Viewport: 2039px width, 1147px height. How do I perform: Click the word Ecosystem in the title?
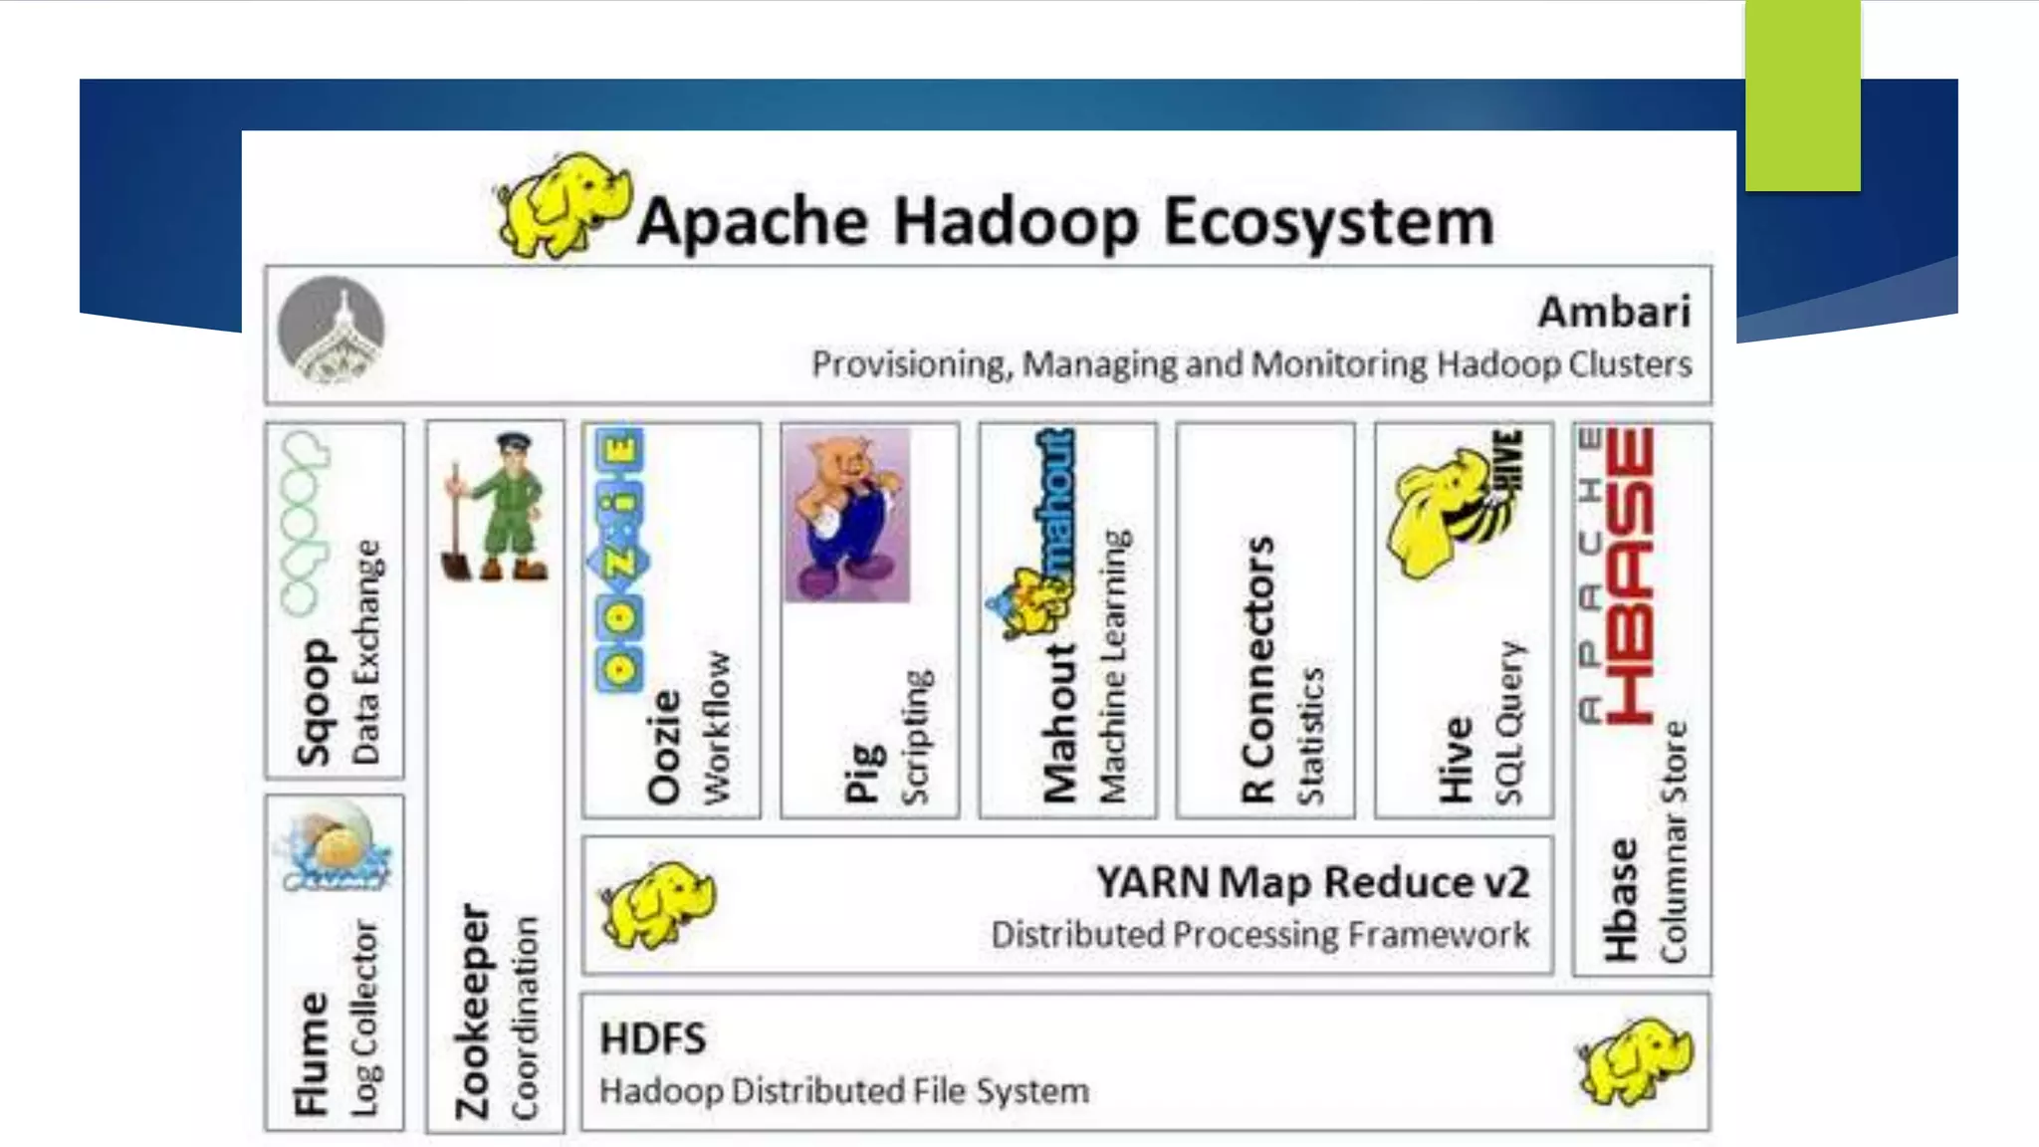tap(1328, 221)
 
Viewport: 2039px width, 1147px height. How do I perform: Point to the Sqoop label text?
tap(314, 702)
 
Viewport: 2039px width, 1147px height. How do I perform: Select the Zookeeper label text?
tap(474, 1011)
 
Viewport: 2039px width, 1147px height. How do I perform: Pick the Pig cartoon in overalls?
tap(846, 515)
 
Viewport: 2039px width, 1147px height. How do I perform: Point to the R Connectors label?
tap(1258, 669)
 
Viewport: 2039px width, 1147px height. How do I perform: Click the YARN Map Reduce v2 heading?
tap(1312, 882)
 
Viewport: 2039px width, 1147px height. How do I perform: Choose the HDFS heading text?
tap(653, 1039)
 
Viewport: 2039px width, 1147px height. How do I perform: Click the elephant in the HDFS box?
tap(1635, 1059)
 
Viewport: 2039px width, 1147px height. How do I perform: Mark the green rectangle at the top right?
tap(1802, 95)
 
